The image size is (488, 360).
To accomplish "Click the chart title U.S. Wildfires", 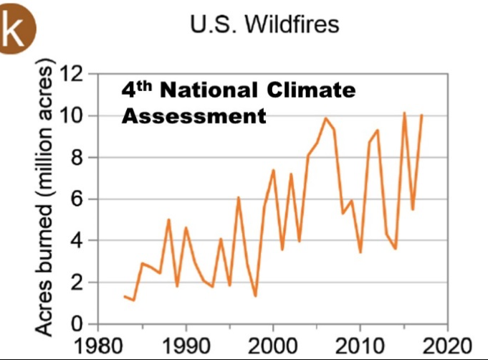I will point(263,24).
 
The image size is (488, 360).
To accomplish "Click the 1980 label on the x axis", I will point(100,344).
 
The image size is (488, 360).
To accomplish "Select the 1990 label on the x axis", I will point(186,344).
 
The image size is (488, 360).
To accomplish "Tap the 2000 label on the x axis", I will point(273,344).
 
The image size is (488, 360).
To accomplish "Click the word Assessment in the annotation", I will point(193,115).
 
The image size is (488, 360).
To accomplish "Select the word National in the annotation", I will point(207,91).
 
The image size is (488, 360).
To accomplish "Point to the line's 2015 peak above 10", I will point(404,113).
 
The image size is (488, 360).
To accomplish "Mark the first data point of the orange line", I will point(125,296).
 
